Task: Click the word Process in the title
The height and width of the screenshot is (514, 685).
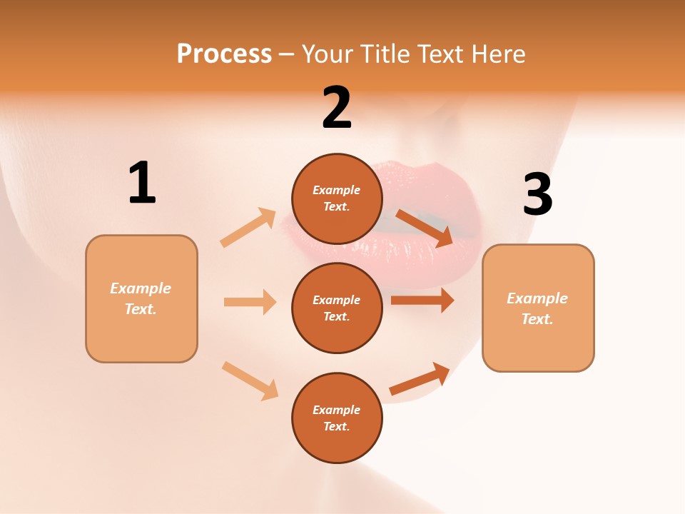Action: [224, 54]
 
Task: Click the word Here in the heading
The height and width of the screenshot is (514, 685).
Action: [497, 54]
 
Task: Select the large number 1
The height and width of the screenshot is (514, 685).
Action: [142, 183]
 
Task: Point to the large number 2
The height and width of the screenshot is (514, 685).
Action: [337, 108]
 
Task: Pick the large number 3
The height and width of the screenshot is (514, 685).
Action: [537, 194]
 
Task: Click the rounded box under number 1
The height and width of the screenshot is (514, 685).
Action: [141, 298]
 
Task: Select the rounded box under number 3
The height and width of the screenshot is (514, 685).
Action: [538, 308]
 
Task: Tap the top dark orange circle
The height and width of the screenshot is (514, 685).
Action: [337, 198]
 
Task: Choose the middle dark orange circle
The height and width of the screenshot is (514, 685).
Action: [337, 308]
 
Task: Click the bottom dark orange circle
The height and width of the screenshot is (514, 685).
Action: [337, 418]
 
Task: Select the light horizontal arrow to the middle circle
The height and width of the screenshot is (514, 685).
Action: [250, 302]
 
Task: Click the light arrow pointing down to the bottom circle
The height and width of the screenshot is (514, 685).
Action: [250, 380]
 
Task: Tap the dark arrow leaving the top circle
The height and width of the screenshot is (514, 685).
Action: [425, 228]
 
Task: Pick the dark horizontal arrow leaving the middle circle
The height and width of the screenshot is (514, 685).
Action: [422, 301]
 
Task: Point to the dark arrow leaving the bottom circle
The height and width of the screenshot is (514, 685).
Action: [420, 378]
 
